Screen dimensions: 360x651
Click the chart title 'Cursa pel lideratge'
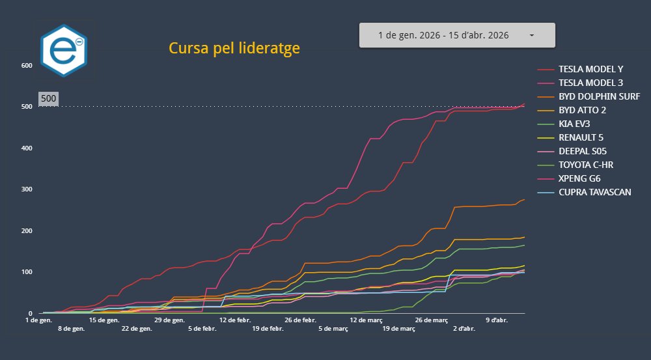click(234, 48)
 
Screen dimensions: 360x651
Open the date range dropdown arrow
click(532, 35)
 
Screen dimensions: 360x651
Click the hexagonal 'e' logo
click(63, 51)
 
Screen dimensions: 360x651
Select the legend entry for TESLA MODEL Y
click(590, 69)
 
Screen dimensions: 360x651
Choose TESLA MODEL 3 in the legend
click(590, 83)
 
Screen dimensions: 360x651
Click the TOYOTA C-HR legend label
click(586, 165)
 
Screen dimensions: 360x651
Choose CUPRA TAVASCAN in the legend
click(594, 192)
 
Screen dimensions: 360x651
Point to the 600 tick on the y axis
click(27, 65)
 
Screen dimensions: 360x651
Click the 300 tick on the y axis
click(27, 189)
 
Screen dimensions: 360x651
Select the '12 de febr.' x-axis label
click(235, 320)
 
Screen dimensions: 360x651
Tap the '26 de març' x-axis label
click(431, 320)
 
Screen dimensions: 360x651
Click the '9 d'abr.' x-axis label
click(497, 320)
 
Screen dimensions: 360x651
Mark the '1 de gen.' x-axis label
click(38, 320)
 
